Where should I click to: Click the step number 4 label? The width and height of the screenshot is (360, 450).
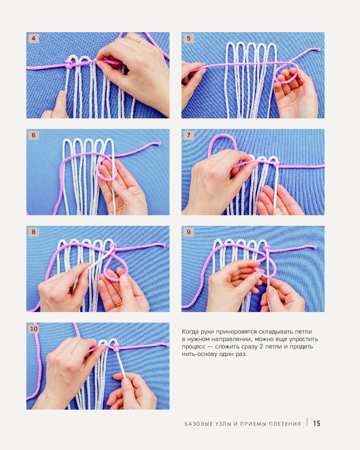(x=34, y=38)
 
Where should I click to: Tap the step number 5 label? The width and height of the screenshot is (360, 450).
(x=189, y=38)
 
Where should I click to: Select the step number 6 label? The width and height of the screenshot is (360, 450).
(x=34, y=135)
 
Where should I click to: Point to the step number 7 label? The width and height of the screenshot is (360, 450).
(x=189, y=135)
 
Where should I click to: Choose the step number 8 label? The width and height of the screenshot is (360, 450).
(x=34, y=232)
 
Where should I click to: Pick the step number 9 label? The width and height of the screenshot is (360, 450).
(x=189, y=232)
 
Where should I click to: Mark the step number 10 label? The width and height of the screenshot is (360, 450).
(x=34, y=329)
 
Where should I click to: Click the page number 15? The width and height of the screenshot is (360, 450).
(x=317, y=423)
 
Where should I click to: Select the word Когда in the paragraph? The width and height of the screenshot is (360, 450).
(x=190, y=332)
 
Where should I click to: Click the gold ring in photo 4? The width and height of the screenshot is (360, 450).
(x=140, y=40)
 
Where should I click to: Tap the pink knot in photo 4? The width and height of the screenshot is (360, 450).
(x=69, y=64)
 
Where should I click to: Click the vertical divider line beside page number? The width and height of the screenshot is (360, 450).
(x=307, y=422)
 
